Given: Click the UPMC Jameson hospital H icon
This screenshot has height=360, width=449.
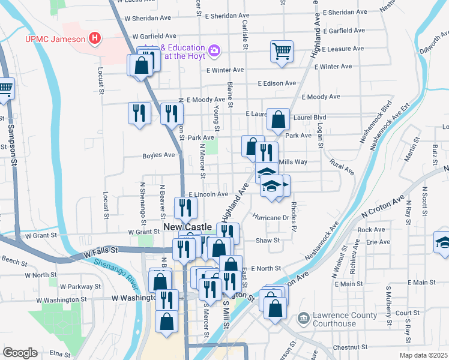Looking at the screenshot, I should (x=94, y=40).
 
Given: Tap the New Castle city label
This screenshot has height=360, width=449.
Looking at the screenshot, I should (x=187, y=227).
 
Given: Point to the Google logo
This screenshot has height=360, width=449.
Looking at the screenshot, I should (x=20, y=353).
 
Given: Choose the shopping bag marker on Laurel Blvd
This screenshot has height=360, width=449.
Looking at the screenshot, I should (x=278, y=119).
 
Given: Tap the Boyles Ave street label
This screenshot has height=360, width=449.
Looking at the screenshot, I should (x=158, y=155).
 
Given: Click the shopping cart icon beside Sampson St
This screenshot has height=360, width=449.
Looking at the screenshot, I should (x=5, y=89).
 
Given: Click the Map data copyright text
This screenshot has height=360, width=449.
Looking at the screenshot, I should (x=423, y=355).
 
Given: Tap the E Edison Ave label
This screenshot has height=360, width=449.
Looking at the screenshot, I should (x=277, y=83).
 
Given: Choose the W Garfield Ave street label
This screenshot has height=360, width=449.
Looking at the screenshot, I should (x=154, y=36).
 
